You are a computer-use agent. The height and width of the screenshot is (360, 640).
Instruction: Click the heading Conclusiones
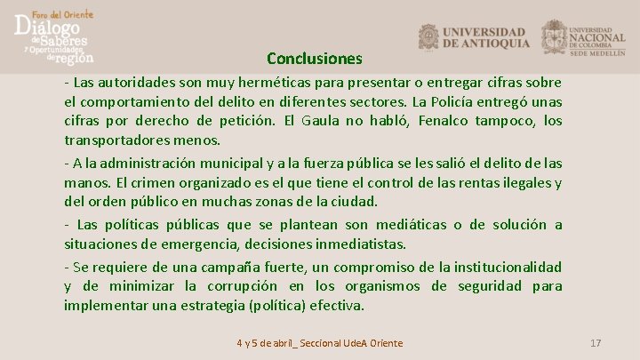click(315, 60)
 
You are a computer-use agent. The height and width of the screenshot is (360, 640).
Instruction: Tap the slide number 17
click(596, 343)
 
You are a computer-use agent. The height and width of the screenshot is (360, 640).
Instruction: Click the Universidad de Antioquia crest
click(428, 36)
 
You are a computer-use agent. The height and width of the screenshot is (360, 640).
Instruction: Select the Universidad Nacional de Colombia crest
click(555, 36)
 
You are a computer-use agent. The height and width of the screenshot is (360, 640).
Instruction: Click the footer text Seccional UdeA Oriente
click(355, 343)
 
